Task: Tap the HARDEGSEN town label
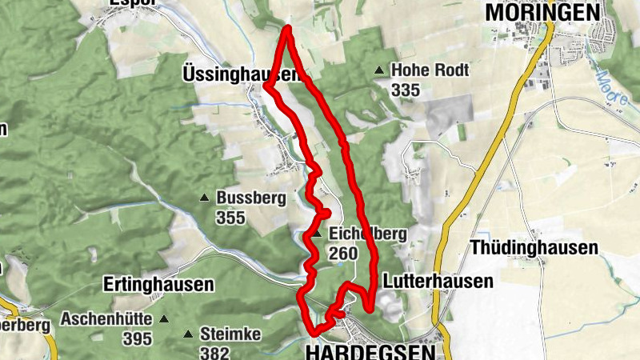(x=370, y=351)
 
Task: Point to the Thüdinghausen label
(x=534, y=248)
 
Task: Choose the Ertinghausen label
(x=158, y=284)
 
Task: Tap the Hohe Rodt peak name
(x=430, y=70)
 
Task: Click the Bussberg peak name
(x=251, y=198)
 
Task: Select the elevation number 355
(x=230, y=217)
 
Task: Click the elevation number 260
(x=342, y=253)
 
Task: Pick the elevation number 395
(x=138, y=338)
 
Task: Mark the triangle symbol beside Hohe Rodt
(x=379, y=71)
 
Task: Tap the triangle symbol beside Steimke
(x=189, y=334)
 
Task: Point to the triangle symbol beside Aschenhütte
(x=164, y=319)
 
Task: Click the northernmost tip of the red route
(x=287, y=29)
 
